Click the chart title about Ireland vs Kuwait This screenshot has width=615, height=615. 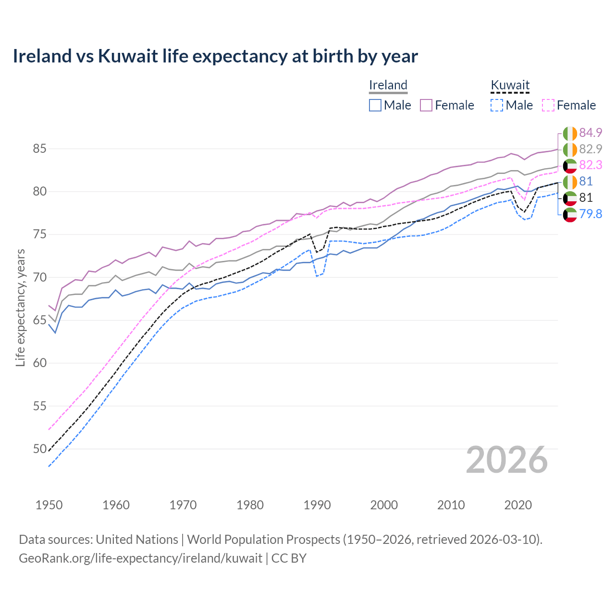(x=215, y=56)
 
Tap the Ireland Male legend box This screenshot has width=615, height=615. (x=375, y=105)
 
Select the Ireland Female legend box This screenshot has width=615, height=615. (x=426, y=105)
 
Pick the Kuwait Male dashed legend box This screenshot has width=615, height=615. (x=497, y=105)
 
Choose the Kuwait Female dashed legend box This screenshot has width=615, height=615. (x=548, y=105)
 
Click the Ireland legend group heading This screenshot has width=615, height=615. (x=388, y=86)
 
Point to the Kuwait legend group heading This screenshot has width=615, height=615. (x=510, y=86)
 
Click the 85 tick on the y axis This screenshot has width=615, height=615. (x=39, y=149)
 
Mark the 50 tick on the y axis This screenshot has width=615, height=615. (x=39, y=449)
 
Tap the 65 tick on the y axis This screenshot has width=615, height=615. (x=39, y=320)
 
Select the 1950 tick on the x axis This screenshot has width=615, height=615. (x=49, y=505)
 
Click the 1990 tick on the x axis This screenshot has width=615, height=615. (x=317, y=505)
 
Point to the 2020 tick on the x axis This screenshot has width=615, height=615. (x=518, y=505)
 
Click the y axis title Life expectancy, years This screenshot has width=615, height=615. (x=20, y=307)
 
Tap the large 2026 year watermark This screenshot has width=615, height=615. (x=507, y=460)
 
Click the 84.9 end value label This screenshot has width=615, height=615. (x=590, y=133)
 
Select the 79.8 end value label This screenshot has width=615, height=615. (x=590, y=214)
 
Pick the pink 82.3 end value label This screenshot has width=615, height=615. (x=590, y=165)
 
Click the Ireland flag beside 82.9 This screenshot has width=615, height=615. (x=570, y=149)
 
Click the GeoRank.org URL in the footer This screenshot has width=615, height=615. (x=140, y=558)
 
